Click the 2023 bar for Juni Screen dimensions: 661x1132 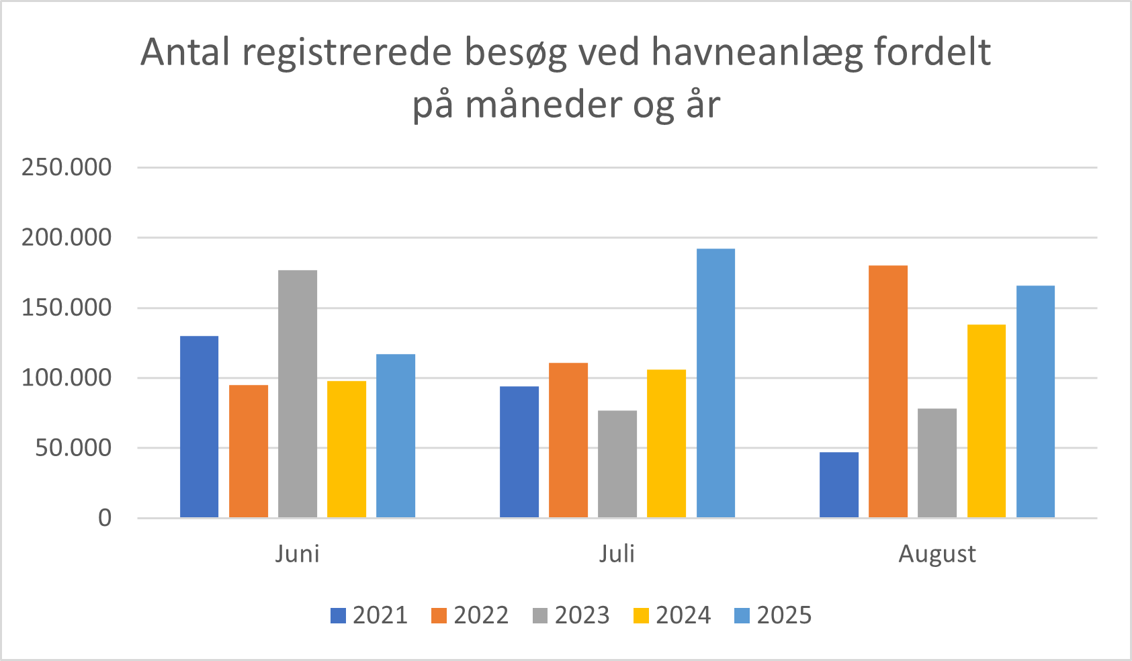point(298,394)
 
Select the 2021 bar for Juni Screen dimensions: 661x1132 point(200,427)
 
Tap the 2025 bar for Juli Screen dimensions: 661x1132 point(715,383)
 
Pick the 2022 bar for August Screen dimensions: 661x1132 point(888,392)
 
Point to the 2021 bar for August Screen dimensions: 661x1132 point(839,484)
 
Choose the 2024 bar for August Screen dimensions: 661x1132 point(986,421)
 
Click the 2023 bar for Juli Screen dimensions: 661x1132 point(617,464)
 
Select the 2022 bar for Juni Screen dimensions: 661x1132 point(249,451)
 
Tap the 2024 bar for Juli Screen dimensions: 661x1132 point(666,443)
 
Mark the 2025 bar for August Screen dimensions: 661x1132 point(1035,402)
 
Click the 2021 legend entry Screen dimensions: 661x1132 point(369,615)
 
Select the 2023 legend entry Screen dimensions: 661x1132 point(571,615)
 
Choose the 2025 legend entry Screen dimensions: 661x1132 point(773,615)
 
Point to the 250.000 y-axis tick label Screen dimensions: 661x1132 point(67,167)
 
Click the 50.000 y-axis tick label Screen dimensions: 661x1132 point(73,448)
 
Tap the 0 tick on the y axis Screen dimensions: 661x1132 point(105,518)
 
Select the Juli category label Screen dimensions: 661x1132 point(617,554)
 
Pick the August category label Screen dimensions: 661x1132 point(937,554)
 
